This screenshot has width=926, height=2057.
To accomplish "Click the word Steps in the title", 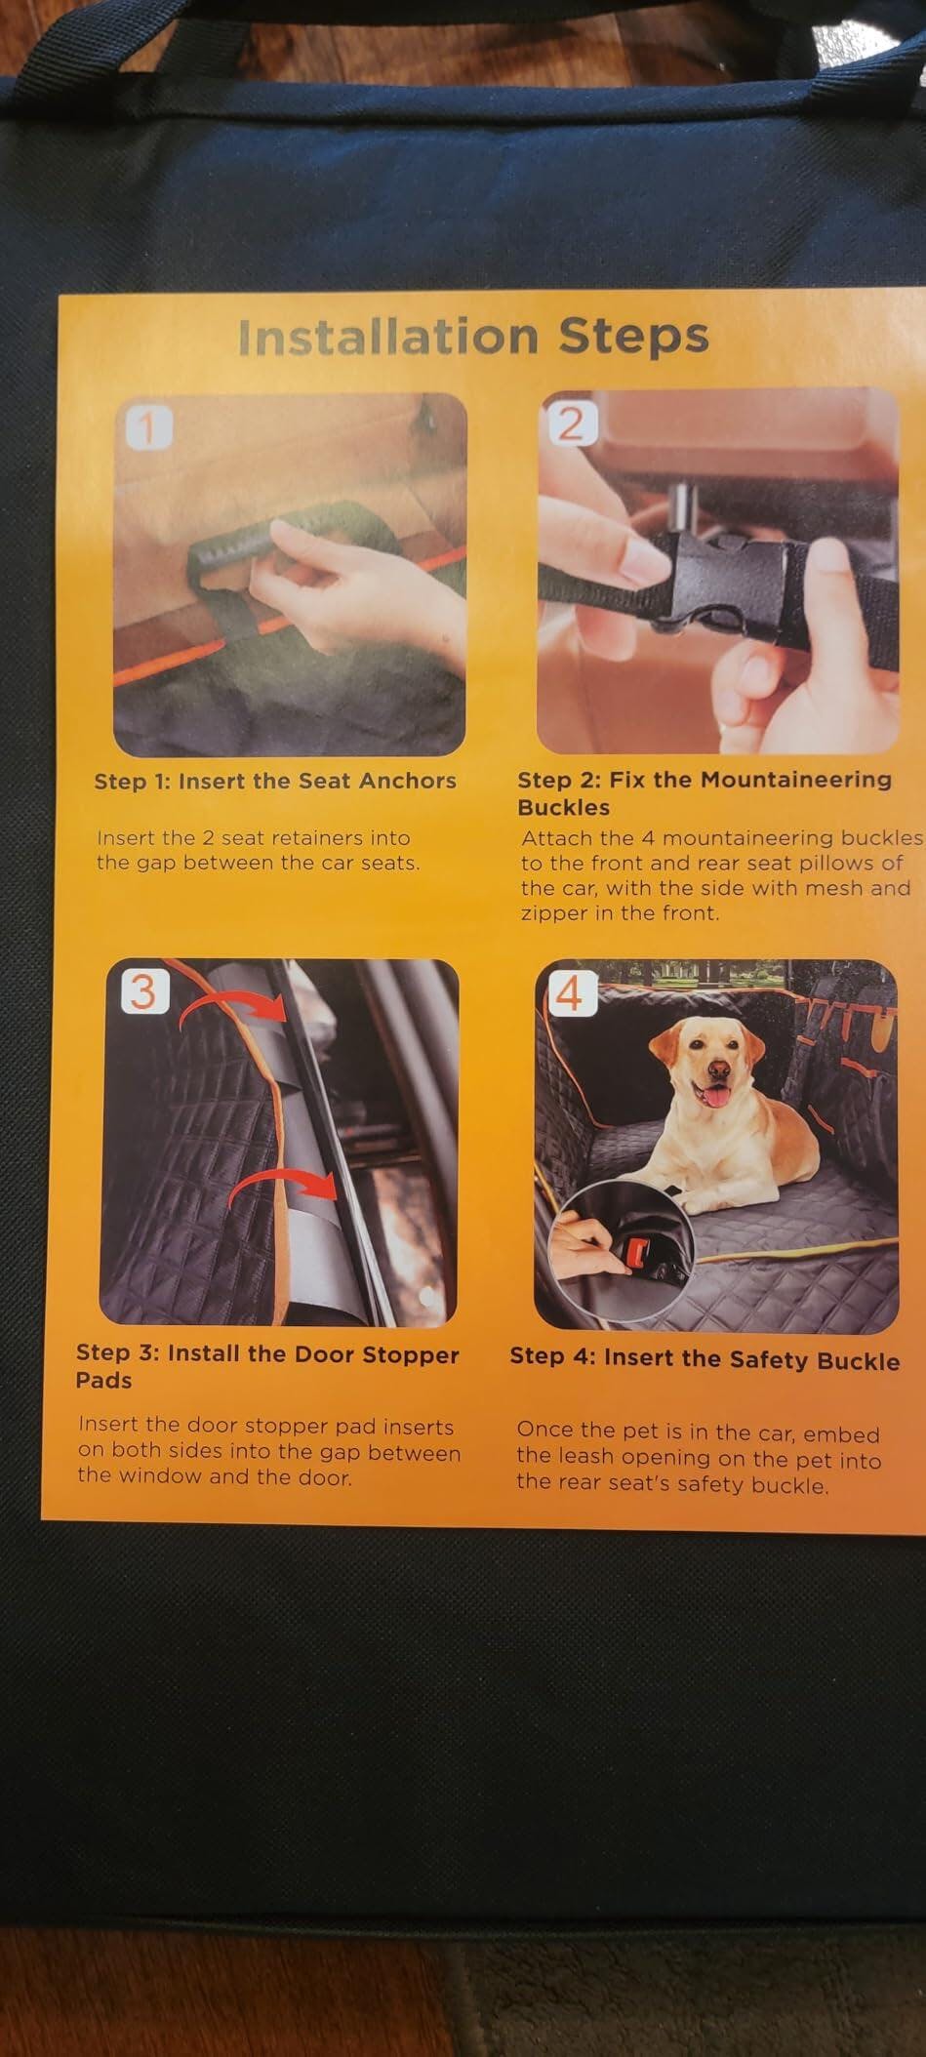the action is tap(633, 338).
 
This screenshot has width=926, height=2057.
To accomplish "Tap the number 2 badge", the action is tap(570, 424).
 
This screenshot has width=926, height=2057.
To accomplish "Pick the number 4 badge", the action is tap(570, 994).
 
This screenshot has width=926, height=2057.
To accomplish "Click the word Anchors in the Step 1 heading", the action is tap(408, 782).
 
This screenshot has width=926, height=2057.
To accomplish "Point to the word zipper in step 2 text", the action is tap(556, 914).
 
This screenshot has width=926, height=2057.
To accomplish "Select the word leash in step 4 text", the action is tap(589, 1458).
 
